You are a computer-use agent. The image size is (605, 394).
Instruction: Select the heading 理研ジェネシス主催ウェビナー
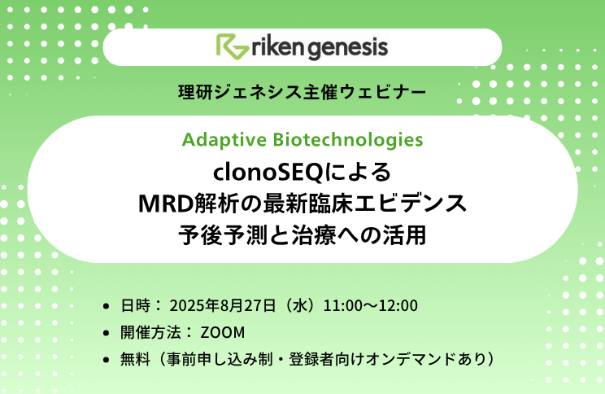pyautogui.click(x=302, y=92)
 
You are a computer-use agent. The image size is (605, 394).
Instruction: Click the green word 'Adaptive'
pyautogui.click(x=224, y=140)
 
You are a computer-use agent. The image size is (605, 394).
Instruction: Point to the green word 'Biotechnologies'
pyautogui.click(x=348, y=140)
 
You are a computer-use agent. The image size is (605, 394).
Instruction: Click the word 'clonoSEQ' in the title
pyautogui.click(x=268, y=172)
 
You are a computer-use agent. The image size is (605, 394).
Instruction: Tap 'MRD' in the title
pyautogui.click(x=166, y=204)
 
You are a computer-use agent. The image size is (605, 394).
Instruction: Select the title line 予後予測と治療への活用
pyautogui.click(x=302, y=235)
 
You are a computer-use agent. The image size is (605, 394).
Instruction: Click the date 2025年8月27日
pyautogui.click(x=223, y=305)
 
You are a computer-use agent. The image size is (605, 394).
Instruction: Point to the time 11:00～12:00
pyautogui.click(x=371, y=305)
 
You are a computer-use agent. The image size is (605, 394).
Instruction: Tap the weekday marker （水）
pyautogui.click(x=299, y=305)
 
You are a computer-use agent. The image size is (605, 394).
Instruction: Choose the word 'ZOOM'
pyautogui.click(x=223, y=333)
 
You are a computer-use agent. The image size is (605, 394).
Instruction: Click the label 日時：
pyautogui.click(x=141, y=305)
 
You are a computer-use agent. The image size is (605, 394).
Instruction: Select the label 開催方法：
pyautogui.click(x=156, y=333)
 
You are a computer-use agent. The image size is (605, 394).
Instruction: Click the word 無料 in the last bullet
pyautogui.click(x=135, y=359)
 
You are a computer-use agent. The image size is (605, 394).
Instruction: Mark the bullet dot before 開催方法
pyautogui.click(x=106, y=333)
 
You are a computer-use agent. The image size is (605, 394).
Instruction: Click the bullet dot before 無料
pyautogui.click(x=106, y=360)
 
